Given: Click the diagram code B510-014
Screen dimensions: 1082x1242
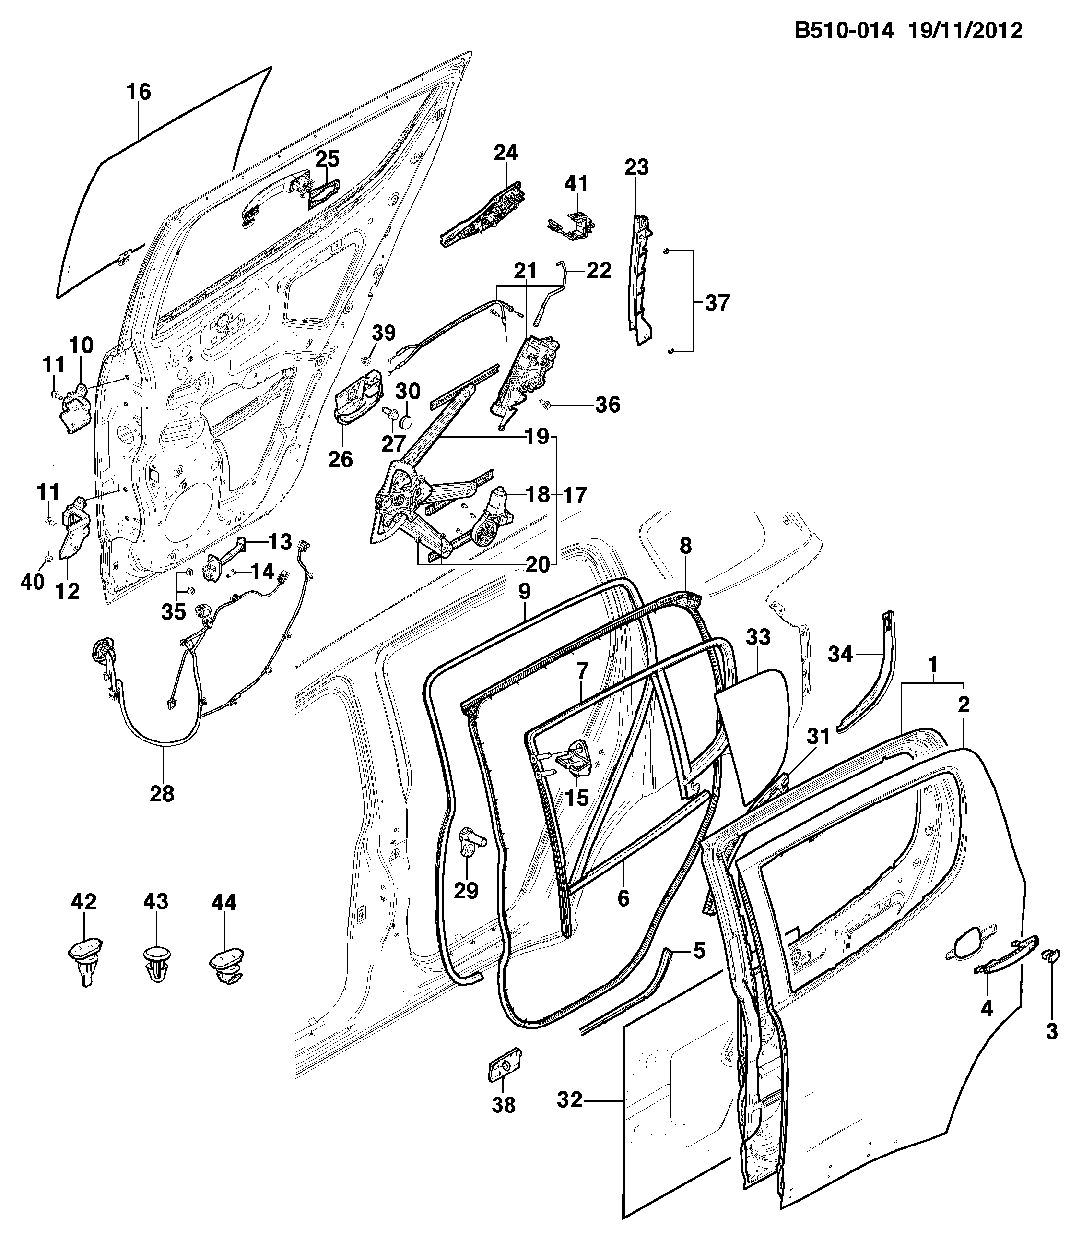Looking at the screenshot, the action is point(844,30).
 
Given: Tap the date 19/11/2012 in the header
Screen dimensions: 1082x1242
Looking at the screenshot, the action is point(964,30).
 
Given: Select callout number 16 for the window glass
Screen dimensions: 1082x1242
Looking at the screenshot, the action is point(138,93).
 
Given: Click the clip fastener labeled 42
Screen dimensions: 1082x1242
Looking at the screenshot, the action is point(84,967).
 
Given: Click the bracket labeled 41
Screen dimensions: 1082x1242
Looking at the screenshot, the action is point(571,225).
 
